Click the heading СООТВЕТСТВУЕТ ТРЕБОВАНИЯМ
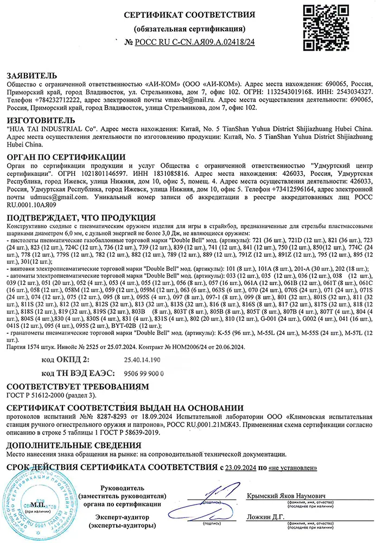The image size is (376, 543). tap(76, 387)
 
